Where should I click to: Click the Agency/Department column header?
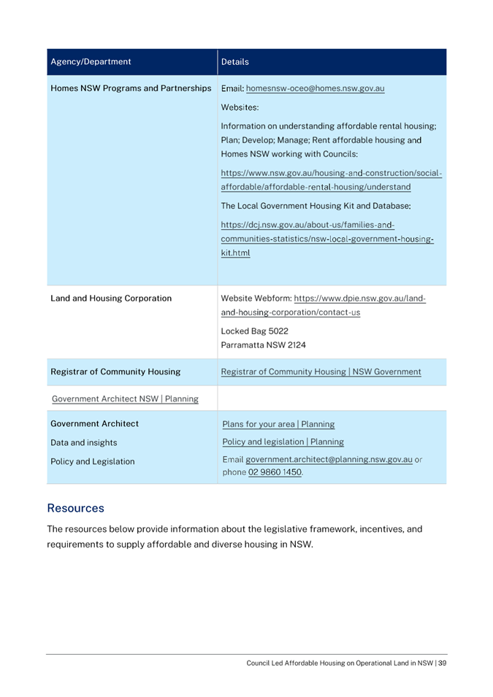point(91,62)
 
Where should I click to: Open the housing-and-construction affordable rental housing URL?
point(331,180)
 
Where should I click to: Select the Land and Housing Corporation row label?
point(111,298)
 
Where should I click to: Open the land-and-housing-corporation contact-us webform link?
point(321,305)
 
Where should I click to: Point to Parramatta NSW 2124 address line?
point(263,344)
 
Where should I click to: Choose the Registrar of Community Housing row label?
point(116,371)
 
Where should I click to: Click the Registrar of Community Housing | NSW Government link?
point(321,371)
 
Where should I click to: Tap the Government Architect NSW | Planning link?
point(125,398)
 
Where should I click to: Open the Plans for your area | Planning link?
point(278,423)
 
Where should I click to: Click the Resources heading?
point(75,508)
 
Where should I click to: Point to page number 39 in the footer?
point(442,663)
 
